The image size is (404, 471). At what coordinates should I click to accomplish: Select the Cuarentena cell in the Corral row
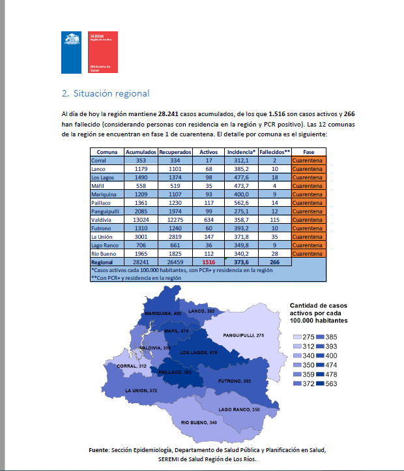pos(308,160)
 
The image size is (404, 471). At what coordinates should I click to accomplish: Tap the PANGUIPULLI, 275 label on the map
pos(243,335)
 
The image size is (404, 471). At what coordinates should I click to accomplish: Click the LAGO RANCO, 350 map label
pos(238,409)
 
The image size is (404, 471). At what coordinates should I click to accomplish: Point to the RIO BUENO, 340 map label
pos(199,423)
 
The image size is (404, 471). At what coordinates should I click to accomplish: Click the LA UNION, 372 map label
pos(141,391)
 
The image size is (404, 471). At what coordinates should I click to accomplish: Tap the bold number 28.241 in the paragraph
pos(173,114)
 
